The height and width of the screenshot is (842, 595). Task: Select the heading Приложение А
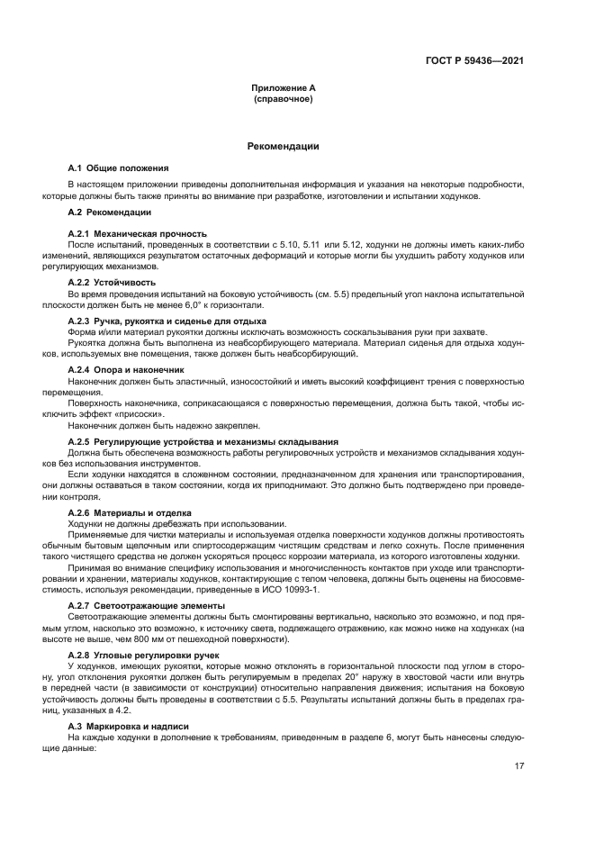[284, 88]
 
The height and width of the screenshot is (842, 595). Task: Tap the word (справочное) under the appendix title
[284, 99]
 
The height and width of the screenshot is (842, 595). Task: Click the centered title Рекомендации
[283, 146]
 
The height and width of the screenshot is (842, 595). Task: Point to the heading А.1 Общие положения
[118, 168]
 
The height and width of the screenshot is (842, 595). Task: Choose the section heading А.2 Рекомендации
[110, 212]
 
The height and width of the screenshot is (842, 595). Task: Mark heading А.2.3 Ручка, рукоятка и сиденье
[167, 321]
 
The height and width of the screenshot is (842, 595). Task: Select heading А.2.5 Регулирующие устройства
[203, 441]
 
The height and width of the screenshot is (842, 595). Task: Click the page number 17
[519, 766]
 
